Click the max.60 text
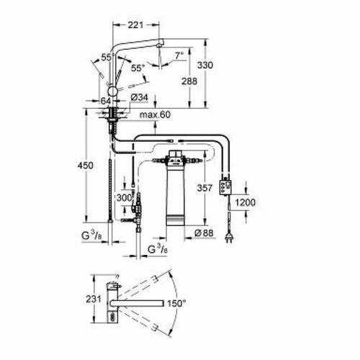[155, 114]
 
